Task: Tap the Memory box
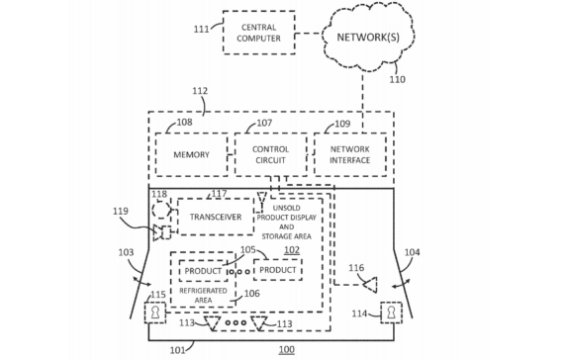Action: click(192, 155)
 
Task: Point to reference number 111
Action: click(201, 30)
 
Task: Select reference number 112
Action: click(200, 92)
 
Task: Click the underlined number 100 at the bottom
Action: click(285, 350)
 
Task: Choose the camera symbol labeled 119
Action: click(161, 233)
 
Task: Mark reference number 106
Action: click(251, 294)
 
